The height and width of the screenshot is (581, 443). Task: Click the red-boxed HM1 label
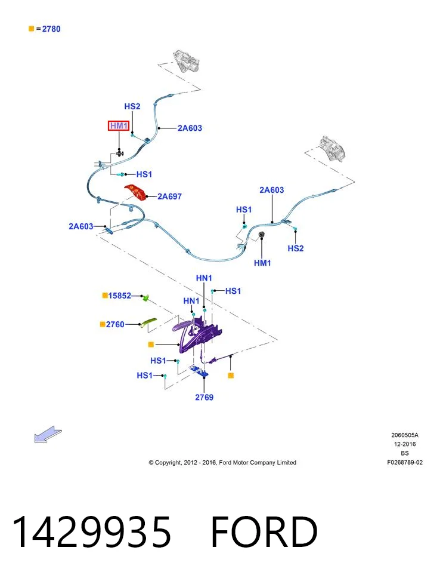coord(119,125)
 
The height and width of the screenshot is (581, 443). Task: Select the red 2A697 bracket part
coord(135,192)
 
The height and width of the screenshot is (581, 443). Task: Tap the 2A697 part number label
coord(169,196)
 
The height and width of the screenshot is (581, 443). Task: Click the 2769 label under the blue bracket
coord(205,397)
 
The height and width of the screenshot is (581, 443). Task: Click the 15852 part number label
coord(119,296)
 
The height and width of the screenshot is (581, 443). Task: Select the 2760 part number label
coord(115,325)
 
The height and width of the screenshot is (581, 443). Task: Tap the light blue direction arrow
coord(47,434)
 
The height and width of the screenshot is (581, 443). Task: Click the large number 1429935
coord(91,531)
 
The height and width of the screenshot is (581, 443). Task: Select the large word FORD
coord(264,531)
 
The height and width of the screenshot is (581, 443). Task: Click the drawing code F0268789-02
coord(405,462)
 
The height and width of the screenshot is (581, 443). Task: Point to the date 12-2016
coord(405,444)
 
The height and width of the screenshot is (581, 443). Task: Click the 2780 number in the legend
coord(51,29)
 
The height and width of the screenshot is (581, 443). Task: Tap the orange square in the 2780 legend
coord(32,29)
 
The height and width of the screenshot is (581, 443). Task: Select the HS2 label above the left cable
coord(132,106)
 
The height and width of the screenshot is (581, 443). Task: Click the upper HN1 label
coord(204,278)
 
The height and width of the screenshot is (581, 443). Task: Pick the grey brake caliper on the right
coord(333,148)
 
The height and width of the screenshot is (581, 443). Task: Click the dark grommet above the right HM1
coord(261,235)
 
